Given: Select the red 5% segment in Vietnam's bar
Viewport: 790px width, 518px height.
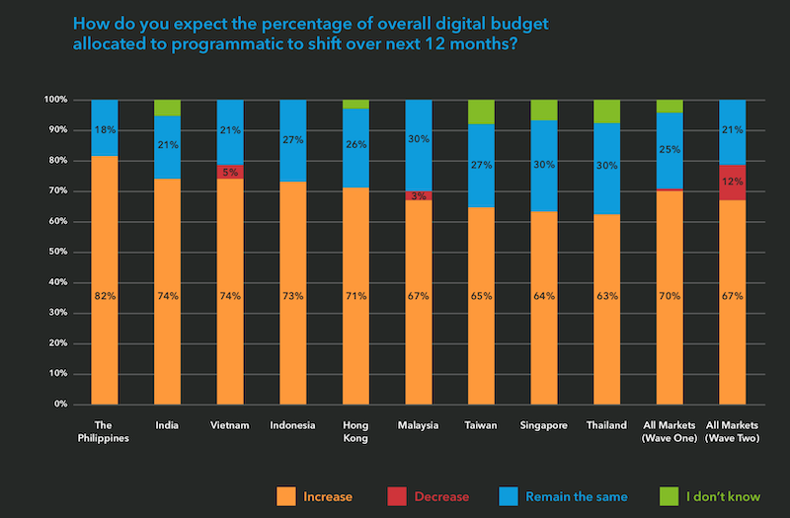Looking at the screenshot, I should pos(230,172).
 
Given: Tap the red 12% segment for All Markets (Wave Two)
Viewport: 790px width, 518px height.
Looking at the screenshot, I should pos(732,182).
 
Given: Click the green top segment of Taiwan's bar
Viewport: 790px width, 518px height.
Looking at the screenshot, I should pos(481,111).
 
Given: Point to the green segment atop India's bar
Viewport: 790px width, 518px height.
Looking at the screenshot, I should pos(167,108).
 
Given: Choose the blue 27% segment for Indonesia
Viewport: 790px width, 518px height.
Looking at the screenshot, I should pos(292,140).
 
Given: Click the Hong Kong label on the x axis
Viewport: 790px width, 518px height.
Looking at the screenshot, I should pos(355,431).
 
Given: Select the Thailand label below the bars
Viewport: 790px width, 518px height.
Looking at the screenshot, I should pos(606,425).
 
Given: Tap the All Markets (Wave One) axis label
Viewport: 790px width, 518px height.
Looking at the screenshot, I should pos(670,431).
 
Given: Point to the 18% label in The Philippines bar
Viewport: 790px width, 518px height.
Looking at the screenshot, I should pos(104,129).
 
